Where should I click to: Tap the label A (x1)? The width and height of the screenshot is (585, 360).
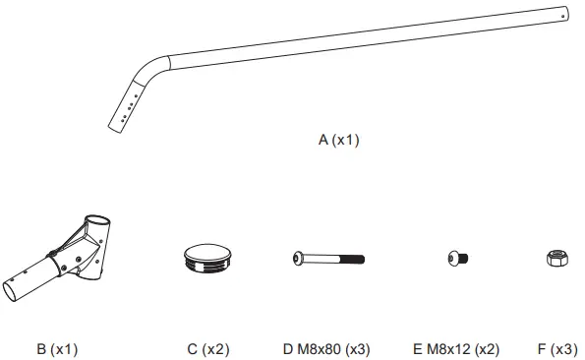(339, 140)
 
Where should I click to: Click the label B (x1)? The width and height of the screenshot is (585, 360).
(57, 348)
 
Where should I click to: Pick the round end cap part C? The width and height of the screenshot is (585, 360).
(207, 259)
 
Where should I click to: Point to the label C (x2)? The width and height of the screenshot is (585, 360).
(207, 348)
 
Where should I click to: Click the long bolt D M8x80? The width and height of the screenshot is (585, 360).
(329, 259)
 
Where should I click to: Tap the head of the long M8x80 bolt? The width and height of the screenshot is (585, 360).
(299, 259)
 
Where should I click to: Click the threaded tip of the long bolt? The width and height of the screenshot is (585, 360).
(360, 259)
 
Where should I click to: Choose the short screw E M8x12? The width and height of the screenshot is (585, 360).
(457, 259)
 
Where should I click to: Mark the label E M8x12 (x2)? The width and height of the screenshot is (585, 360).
(457, 348)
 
